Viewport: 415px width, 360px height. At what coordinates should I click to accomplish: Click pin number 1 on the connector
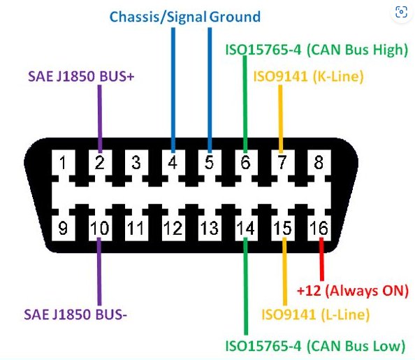[x=63, y=162]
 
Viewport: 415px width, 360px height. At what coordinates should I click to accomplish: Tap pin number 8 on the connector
[x=319, y=162]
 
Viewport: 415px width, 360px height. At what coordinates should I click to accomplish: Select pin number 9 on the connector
[x=63, y=228]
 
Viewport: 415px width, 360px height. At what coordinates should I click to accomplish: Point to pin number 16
[x=319, y=228]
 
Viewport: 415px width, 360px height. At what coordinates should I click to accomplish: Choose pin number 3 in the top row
[x=136, y=162]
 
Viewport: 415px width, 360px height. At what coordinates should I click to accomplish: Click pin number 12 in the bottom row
[x=173, y=228]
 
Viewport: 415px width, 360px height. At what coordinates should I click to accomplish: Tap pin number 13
[x=210, y=228]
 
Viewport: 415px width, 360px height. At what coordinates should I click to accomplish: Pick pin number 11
[x=136, y=228]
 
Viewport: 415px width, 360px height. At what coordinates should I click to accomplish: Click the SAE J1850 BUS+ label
[x=81, y=77]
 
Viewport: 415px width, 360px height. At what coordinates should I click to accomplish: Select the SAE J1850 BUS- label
[x=75, y=315]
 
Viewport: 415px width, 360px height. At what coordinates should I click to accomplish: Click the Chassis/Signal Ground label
[x=185, y=17]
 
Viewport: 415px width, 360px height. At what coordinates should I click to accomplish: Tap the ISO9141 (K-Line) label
[x=308, y=77]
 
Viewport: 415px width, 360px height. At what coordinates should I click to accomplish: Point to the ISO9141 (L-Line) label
[x=315, y=315]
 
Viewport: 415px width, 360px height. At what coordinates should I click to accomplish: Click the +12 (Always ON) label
[x=353, y=291]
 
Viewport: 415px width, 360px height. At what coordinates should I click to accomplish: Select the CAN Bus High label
[x=316, y=50]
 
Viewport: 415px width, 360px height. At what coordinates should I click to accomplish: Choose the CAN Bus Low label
[x=315, y=346]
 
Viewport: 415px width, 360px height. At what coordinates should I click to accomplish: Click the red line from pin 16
[x=321, y=259]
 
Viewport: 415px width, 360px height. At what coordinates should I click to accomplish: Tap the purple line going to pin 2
[x=100, y=119]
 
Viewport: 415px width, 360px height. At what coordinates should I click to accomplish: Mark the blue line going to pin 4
[x=173, y=90]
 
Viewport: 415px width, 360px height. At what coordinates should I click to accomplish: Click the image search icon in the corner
[x=401, y=12]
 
